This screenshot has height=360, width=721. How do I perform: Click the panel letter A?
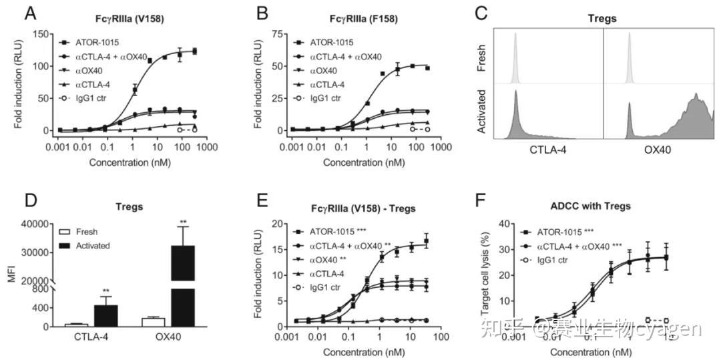click(x=30, y=13)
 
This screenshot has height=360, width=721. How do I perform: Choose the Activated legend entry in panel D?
click(x=97, y=245)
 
